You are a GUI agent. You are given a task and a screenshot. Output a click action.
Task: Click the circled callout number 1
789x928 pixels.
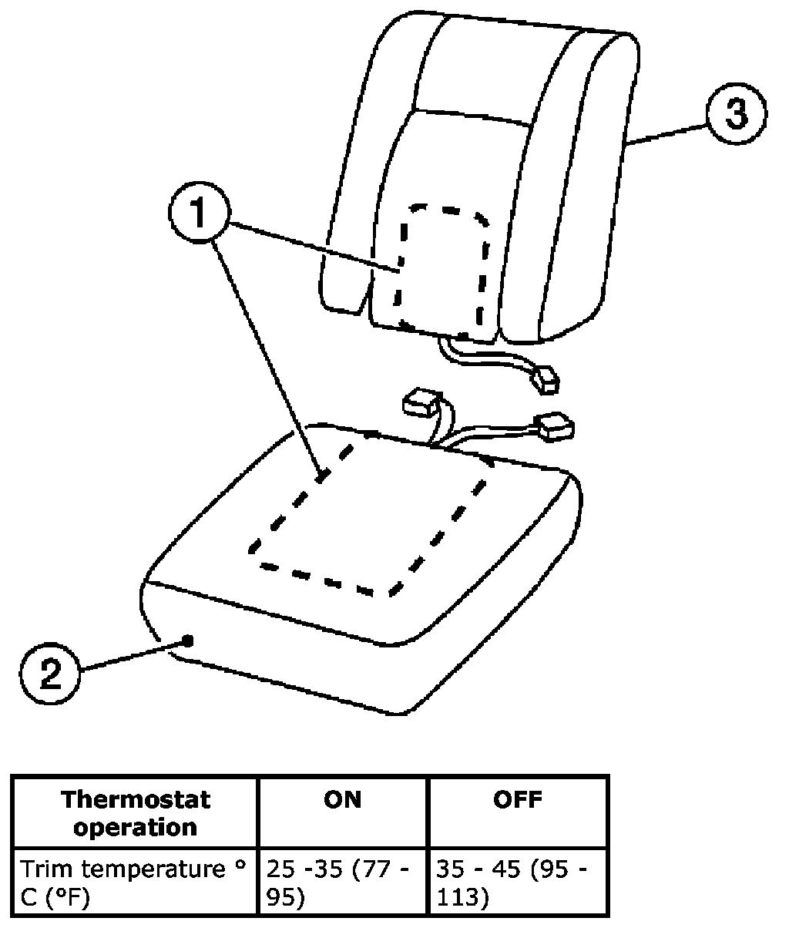[x=198, y=214]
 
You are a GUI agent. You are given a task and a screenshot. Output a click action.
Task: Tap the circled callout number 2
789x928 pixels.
[x=49, y=674]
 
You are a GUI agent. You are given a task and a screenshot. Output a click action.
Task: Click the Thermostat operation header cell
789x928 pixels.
[x=136, y=812]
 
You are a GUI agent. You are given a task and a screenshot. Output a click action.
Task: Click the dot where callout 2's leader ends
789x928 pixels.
[x=187, y=641]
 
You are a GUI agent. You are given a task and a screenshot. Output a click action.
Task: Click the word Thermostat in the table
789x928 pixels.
[x=136, y=799]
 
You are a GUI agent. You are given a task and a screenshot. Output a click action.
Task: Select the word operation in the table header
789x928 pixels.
[x=136, y=827]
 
